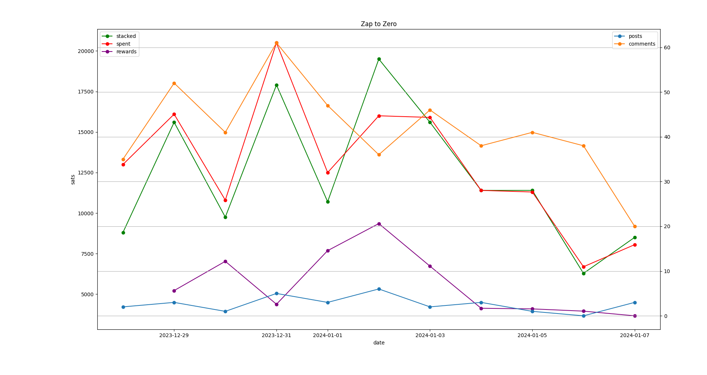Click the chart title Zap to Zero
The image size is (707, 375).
coord(379,24)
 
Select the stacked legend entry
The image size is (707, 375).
coord(126,36)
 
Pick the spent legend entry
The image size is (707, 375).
coord(123,44)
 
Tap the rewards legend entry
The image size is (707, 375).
coord(126,52)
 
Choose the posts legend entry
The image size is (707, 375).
coord(635,36)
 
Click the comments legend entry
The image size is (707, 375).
coord(642,44)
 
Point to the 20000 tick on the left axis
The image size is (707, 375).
coord(86,51)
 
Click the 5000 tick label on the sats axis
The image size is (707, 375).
coord(87,294)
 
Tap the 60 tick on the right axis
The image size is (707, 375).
coord(667,48)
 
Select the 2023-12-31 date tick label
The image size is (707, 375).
coord(276,335)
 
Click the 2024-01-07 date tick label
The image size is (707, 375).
coord(635,335)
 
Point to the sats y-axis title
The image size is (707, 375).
coord(73,180)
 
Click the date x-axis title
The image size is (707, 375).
coord(379,343)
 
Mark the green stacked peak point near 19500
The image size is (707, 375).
coord(379,59)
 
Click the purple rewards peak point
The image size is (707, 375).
coord(379,224)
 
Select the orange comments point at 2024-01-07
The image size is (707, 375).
coord(635,226)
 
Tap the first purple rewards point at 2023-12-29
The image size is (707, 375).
coord(174,291)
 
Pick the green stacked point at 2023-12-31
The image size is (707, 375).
coord(276,85)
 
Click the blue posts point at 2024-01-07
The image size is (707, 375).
coord(635,303)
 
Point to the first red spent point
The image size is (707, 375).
coord(123,164)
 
